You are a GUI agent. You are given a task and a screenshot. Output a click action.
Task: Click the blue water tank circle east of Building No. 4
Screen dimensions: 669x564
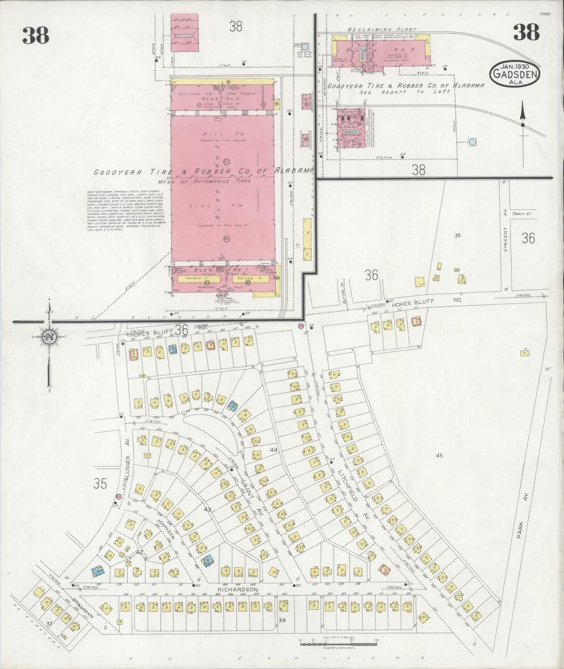coord(472,142)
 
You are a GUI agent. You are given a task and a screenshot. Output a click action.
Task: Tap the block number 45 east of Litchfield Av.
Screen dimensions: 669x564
coord(440,455)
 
